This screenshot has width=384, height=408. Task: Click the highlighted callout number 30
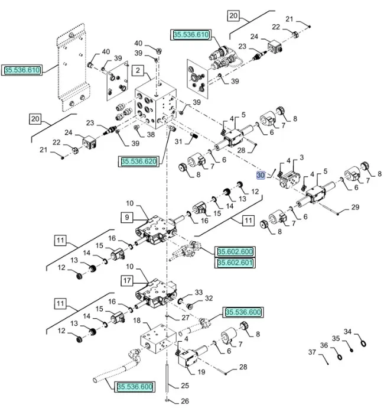(261, 176)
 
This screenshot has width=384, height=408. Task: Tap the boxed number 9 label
(127, 218)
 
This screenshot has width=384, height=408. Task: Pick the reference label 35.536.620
(139, 161)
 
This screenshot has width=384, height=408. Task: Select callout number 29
(355, 207)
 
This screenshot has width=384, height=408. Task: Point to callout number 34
(348, 332)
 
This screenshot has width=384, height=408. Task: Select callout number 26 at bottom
(184, 401)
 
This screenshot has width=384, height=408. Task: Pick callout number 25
(184, 386)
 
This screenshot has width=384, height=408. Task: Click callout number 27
(186, 317)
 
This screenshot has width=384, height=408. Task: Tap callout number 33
(198, 293)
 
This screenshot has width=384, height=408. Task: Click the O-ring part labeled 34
(365, 344)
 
